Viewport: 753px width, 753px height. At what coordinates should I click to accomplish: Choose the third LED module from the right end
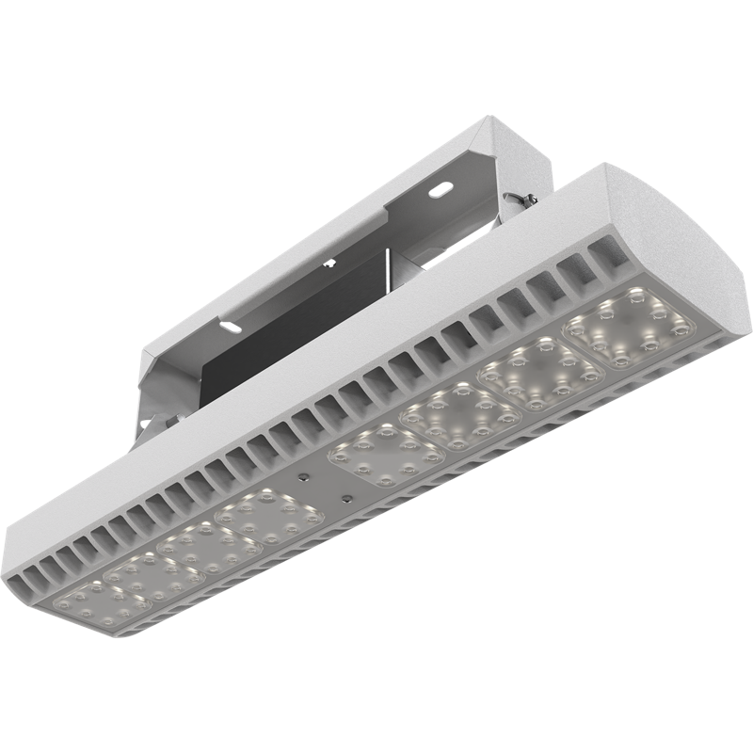click(461, 415)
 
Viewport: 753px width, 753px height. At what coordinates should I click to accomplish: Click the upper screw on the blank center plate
click(305, 476)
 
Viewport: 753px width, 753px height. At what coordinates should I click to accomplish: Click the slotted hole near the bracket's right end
click(439, 189)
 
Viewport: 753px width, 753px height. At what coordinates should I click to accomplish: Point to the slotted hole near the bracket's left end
click(231, 327)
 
